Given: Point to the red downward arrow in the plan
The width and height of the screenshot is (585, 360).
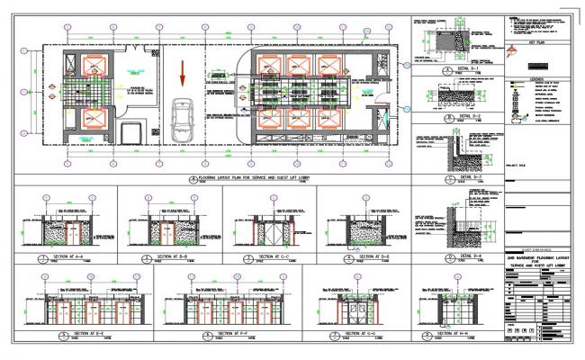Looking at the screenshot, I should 184,69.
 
